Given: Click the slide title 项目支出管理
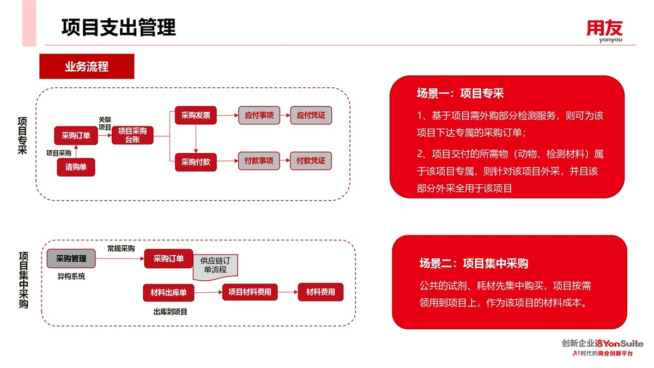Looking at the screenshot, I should tap(118, 27).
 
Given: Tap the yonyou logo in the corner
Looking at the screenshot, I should tap(604, 31).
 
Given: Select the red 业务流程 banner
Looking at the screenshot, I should tap(87, 67).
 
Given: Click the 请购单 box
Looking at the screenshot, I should tap(76, 167).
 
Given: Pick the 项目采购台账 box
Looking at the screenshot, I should tap(132, 135).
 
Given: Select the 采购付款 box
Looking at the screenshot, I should tap(196, 162).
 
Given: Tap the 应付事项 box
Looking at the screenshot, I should tap(259, 116).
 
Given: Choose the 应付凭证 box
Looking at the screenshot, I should tap(311, 116).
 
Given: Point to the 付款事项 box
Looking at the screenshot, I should tap(259, 161).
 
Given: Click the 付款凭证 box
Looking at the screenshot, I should tap(311, 161).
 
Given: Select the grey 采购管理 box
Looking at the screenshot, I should tap(71, 258).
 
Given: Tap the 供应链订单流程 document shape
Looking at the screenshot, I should tap(216, 266).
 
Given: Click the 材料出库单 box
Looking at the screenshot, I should tap(168, 293).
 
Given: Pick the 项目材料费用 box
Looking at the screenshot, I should tap(250, 292).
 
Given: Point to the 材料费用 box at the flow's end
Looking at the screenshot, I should tap(320, 292).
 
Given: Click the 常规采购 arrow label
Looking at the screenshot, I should tap(121, 249).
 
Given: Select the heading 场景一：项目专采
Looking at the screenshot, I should tap(460, 94).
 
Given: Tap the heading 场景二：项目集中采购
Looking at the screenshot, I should tap(474, 264).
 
